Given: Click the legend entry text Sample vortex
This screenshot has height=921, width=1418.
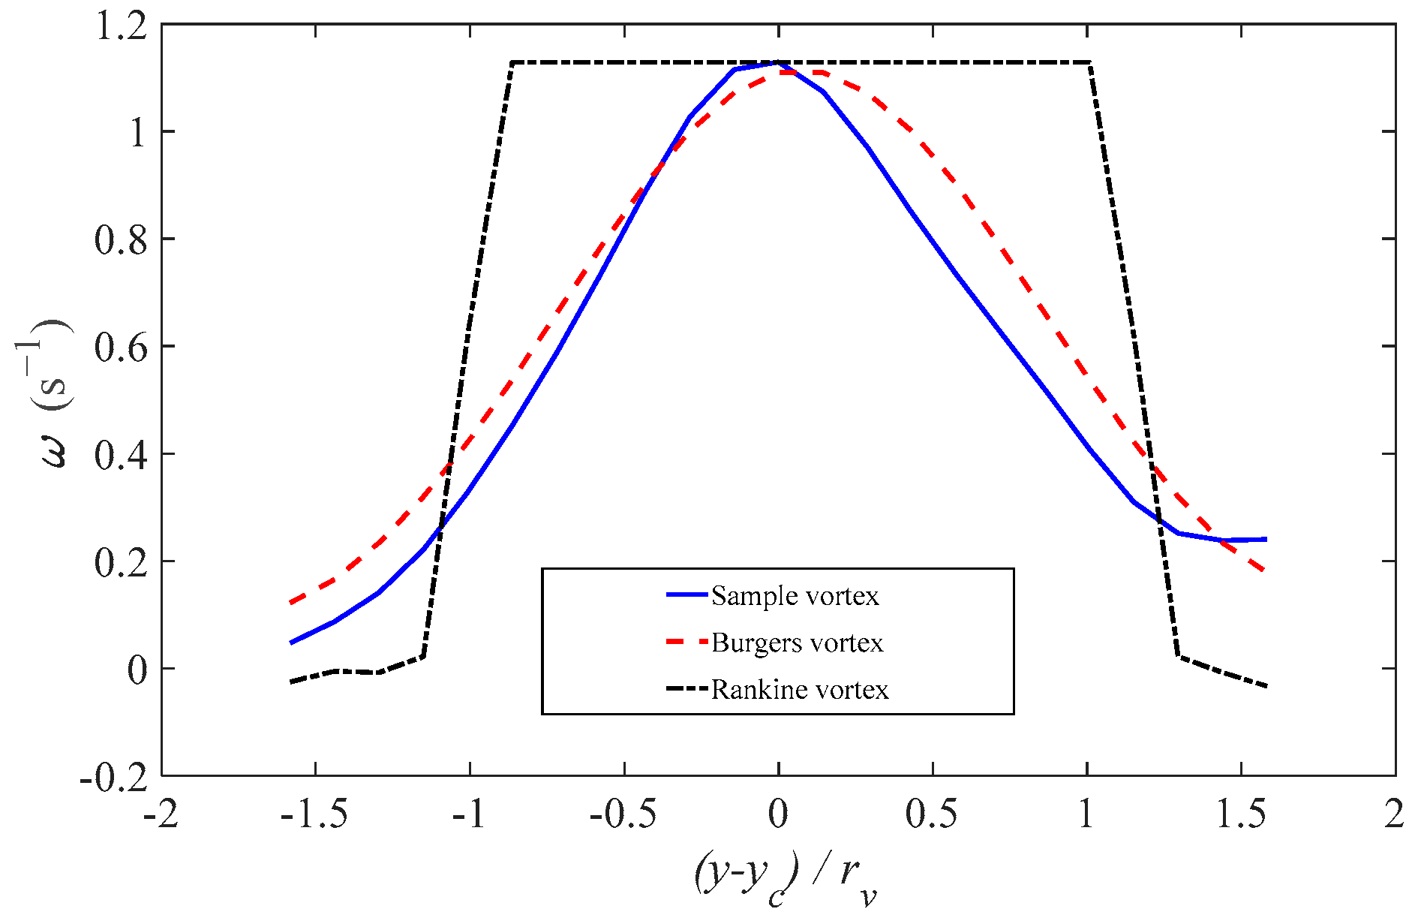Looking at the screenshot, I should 795,596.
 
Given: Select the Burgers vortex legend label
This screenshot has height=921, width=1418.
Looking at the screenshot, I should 797,643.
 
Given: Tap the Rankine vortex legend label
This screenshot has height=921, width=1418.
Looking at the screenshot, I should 800,690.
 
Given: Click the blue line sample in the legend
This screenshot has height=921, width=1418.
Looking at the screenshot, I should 686,595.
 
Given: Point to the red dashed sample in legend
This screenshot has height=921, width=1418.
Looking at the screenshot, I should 686,643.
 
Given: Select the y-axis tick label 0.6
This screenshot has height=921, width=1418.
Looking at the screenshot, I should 122,348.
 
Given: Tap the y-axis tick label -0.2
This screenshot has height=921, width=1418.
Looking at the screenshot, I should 114,778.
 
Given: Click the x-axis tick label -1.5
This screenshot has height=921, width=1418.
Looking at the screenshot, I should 314,814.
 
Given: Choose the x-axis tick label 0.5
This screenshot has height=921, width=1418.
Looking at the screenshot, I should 932,814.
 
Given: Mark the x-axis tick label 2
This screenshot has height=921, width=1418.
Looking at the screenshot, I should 1394,814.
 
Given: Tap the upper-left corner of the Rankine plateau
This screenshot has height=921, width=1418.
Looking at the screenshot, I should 512,62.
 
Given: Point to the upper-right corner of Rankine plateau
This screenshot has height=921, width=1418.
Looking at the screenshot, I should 1089,62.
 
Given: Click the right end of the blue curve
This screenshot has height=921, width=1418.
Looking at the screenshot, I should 1266,539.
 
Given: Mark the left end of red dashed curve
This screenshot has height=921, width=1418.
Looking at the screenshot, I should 290,603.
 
